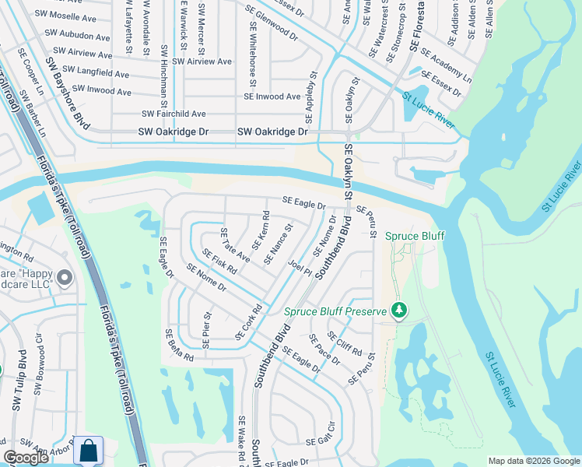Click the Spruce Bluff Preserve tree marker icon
pyautogui.click(x=399, y=311)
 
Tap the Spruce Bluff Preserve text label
pyautogui.click(x=335, y=311)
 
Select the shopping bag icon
pyautogui.click(x=89, y=451)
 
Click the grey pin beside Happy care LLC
pyautogui.click(x=65, y=277)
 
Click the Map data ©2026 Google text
pyautogui.click(x=534, y=461)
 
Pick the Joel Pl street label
pyautogui.click(x=300, y=269)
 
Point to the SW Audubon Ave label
pyautogui.click(x=77, y=36)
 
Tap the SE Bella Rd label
pyautogui.click(x=179, y=344)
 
